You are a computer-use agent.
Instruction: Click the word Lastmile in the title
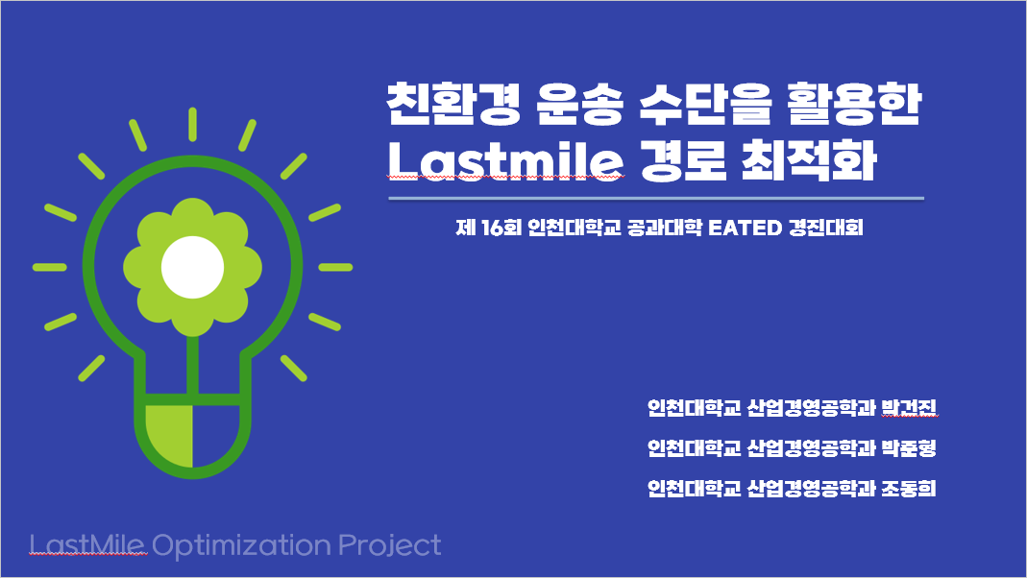505,161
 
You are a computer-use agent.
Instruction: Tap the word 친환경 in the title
453,104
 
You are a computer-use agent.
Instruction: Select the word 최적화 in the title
810,159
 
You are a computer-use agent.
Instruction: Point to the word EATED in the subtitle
746,228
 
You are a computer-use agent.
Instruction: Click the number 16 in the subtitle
493,228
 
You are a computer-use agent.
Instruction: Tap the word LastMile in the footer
87,544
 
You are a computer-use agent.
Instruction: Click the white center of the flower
192,267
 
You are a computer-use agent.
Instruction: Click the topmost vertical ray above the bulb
192,125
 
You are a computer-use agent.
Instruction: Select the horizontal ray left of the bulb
49,267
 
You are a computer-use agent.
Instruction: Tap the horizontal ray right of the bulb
336,267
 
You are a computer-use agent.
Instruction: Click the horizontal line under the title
656,198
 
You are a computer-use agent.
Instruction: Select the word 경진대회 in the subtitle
826,228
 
